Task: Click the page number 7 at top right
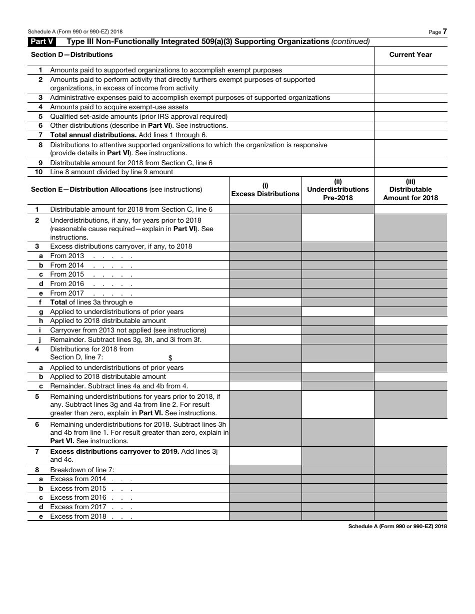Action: click(x=444, y=31)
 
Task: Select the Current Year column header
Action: click(x=410, y=54)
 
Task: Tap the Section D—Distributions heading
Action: click(x=72, y=54)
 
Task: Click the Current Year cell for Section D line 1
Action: click(x=410, y=70)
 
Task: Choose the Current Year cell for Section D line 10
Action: click(x=410, y=172)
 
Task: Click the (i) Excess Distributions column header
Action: click(x=265, y=190)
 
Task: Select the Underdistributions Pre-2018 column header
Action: click(x=338, y=190)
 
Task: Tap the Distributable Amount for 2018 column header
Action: click(x=410, y=190)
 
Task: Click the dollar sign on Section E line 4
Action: click(x=170, y=358)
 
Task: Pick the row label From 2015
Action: click(x=67, y=275)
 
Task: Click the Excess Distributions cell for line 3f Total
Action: click(x=265, y=303)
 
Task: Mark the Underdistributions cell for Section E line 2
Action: click(x=338, y=229)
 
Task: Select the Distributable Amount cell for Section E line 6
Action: click(x=410, y=433)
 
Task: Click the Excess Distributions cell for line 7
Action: click(x=265, y=456)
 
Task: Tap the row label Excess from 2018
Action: click(x=78, y=516)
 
